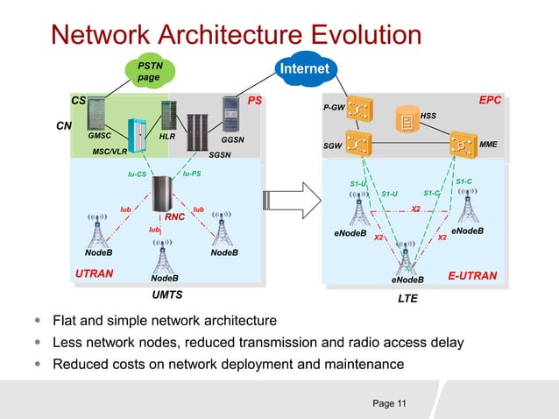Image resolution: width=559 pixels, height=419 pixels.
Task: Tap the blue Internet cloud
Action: pos(304,68)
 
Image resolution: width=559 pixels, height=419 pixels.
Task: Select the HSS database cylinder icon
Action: pos(407,120)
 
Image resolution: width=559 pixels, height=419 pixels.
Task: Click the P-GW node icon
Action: pos(358,110)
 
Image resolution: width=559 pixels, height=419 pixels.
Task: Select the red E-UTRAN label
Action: pos(472,275)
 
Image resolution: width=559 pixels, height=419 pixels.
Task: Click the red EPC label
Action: pos(490,101)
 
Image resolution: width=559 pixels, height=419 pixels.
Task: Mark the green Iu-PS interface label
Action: pos(192,174)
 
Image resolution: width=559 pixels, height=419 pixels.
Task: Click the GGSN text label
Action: pos(232,139)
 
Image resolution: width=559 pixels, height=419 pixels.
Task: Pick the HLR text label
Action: pos(167,137)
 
